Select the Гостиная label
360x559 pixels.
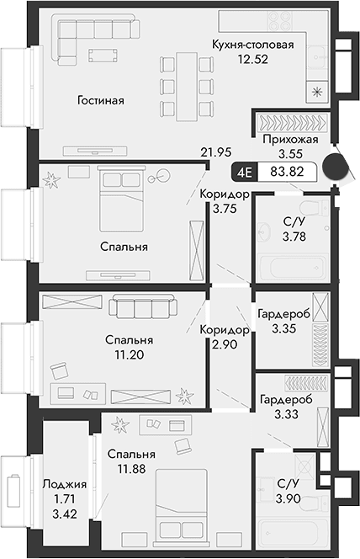click(x=100, y=100)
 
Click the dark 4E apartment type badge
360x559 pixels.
click(x=246, y=172)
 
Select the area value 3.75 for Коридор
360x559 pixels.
click(x=225, y=210)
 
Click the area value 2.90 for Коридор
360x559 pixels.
click(x=225, y=345)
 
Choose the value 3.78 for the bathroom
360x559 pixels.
click(x=294, y=237)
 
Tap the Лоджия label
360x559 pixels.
click(x=63, y=484)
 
